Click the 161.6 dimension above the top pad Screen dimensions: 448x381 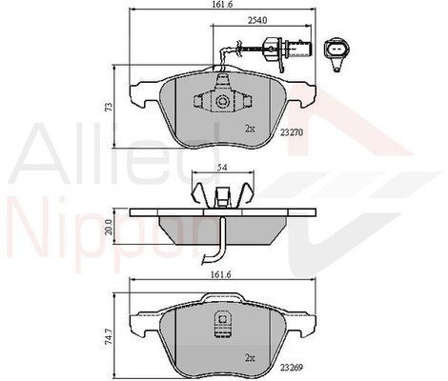click(x=222, y=4)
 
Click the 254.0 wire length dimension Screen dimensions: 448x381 click(x=257, y=20)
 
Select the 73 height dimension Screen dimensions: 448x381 click(x=109, y=107)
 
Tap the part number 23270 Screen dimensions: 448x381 click(x=292, y=131)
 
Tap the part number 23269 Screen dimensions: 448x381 click(x=291, y=368)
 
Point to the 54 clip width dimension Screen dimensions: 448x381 click(x=223, y=168)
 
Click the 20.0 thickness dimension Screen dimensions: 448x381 click(x=110, y=227)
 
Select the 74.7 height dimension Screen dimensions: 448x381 click(x=110, y=335)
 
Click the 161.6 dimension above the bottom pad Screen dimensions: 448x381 click(x=222, y=274)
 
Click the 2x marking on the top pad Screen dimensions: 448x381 click(x=250, y=129)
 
